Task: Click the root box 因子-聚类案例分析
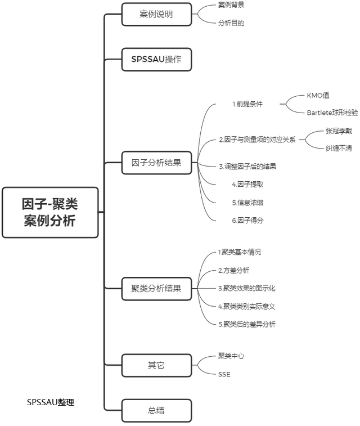(x=50, y=213)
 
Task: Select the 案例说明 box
(x=156, y=15)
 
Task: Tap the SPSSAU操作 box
(x=156, y=60)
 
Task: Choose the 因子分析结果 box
(x=156, y=163)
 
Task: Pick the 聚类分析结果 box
(x=156, y=289)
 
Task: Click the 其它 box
(x=156, y=365)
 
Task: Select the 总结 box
(x=156, y=410)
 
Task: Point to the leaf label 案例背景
(x=231, y=5)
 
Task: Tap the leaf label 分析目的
(x=231, y=23)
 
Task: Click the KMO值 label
(x=318, y=95)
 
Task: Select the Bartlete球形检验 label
(x=332, y=113)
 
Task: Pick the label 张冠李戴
(x=339, y=131)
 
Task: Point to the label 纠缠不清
(x=339, y=148)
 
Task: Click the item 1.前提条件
(x=247, y=104)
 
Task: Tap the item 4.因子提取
(x=247, y=185)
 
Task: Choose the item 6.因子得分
(x=247, y=221)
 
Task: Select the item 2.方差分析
(x=234, y=270)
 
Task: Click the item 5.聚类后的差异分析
(x=247, y=324)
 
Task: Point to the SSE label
(x=224, y=374)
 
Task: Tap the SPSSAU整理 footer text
(x=51, y=402)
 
